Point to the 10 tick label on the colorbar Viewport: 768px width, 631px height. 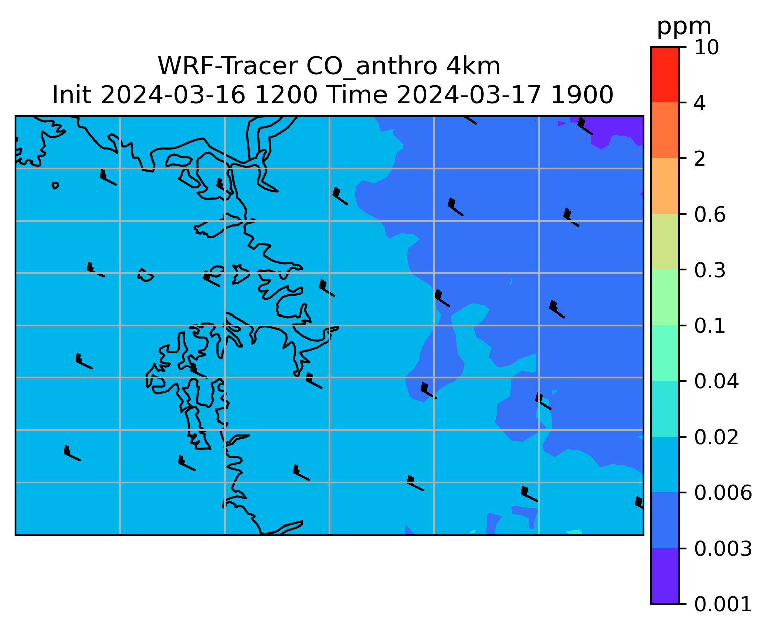[x=706, y=47]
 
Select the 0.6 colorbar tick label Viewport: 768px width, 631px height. [x=709, y=215]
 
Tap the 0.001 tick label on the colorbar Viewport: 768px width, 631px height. [x=723, y=604]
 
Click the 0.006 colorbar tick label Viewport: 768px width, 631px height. [x=723, y=493]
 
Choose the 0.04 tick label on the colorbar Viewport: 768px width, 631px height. [x=716, y=381]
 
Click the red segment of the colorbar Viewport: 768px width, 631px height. [x=664, y=74]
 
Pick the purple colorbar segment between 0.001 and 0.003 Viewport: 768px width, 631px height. [x=664, y=576]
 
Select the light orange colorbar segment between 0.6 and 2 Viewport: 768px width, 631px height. [x=664, y=185]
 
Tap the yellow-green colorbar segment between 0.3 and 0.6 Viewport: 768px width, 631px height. [x=664, y=241]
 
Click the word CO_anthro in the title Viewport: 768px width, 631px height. [x=371, y=67]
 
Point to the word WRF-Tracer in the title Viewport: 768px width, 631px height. [x=227, y=66]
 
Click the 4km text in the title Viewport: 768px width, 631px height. [x=473, y=66]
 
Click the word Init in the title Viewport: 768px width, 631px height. [x=72, y=95]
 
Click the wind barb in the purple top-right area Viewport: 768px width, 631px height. [x=585, y=126]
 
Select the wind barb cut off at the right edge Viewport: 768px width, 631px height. [x=639, y=502]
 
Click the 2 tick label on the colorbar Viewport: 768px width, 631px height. [x=700, y=159]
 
